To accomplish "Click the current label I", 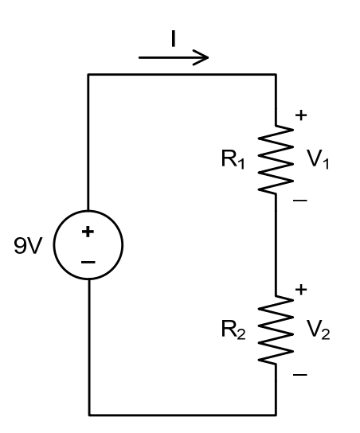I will (173, 39).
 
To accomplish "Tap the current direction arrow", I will (173, 57).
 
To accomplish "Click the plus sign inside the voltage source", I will (88, 232).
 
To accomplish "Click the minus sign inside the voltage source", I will (88, 260).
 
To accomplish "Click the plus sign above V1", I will (299, 116).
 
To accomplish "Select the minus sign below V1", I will (299, 202).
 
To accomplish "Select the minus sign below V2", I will (299, 373).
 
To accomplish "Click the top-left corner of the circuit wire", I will (88, 74).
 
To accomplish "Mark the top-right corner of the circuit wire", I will (275, 74).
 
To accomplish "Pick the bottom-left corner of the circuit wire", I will (88, 415).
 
